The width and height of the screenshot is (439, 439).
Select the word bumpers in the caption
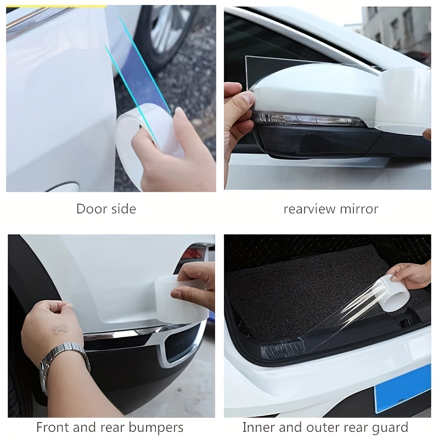[156, 427]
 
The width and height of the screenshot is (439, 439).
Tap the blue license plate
[402, 389]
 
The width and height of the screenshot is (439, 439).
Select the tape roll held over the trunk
[395, 293]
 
